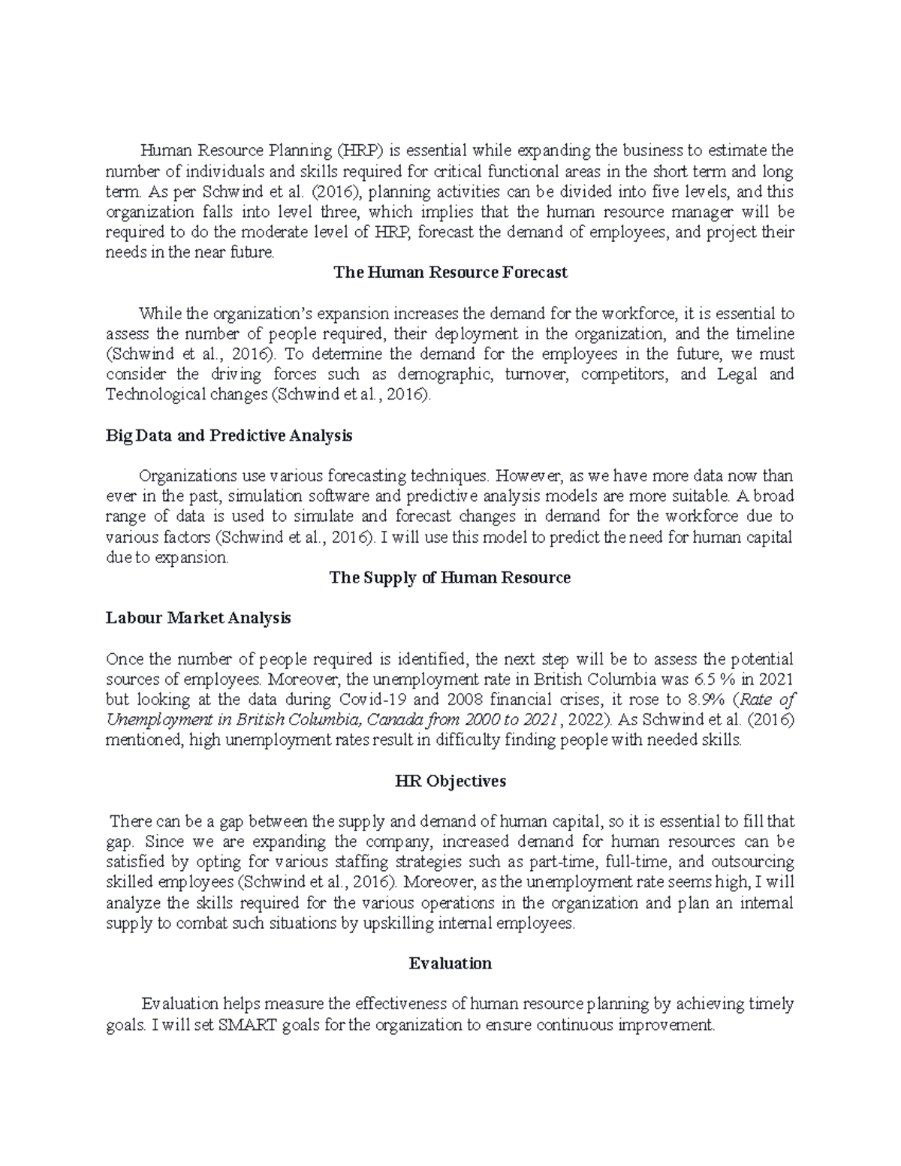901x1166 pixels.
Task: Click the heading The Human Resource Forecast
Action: coord(450,273)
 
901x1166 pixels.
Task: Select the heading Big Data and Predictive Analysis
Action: coord(229,435)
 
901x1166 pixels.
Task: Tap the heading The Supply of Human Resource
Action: coord(450,577)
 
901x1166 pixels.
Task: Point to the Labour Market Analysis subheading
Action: coord(198,618)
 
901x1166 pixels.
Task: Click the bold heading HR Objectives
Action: coord(450,781)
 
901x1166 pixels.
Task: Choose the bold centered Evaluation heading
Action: coord(450,963)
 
